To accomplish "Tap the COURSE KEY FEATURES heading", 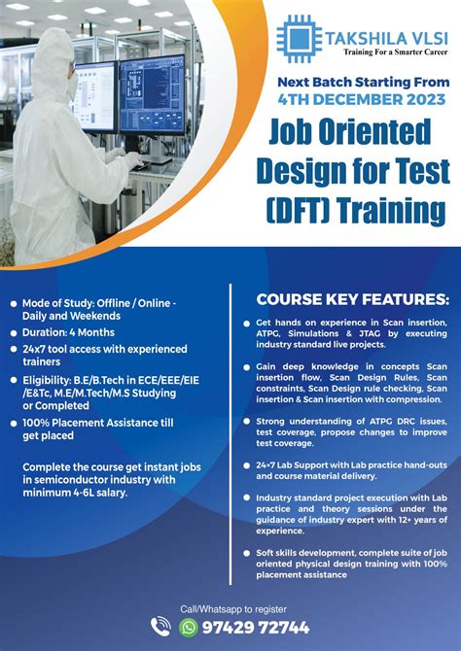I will click(x=352, y=298).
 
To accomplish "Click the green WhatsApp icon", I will click(x=190, y=628).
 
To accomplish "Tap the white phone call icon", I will click(x=161, y=628).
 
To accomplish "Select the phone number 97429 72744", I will click(x=258, y=628).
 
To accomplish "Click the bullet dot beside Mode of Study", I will click(x=14, y=304).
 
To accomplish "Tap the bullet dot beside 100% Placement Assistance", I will click(x=14, y=423).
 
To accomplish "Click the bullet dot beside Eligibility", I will click(x=14, y=379).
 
